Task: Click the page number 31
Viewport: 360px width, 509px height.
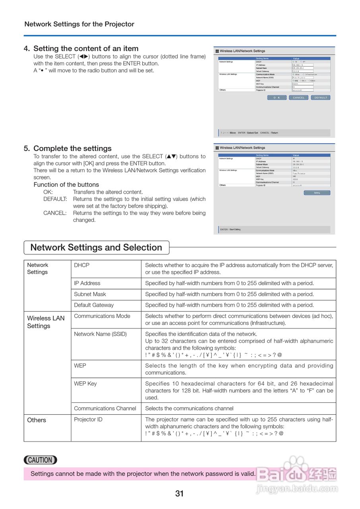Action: pos(180,494)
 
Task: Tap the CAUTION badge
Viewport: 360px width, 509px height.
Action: pos(41,460)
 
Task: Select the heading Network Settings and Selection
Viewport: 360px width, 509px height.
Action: pos(96,247)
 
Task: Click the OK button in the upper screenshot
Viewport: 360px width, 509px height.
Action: pos(277,97)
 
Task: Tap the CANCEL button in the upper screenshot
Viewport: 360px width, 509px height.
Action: pos(299,97)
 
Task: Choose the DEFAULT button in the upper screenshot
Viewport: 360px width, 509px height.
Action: pos(321,97)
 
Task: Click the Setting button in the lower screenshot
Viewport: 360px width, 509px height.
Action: pos(317,193)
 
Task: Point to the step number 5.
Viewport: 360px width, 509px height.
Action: pos(27,148)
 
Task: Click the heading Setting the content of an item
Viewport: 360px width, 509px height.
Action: pos(86,49)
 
